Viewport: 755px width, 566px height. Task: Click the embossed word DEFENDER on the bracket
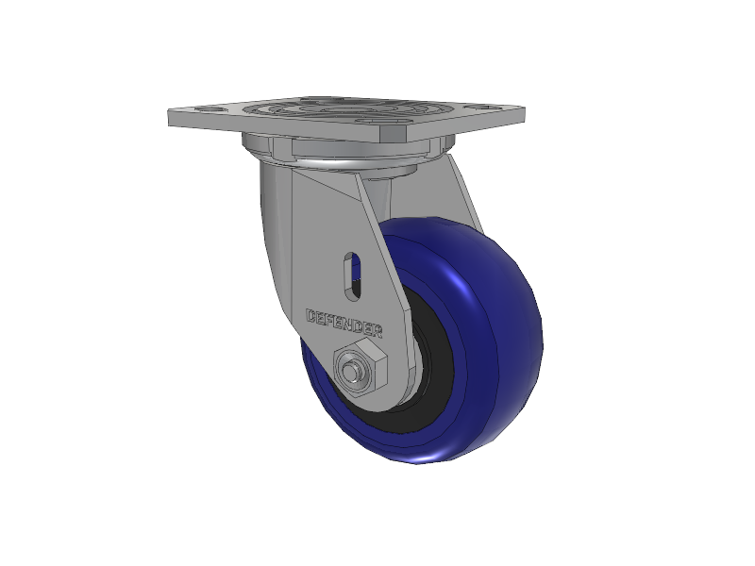coord(344,323)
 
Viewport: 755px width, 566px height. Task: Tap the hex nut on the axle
coord(361,367)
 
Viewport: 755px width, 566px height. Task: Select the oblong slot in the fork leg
coord(353,275)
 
